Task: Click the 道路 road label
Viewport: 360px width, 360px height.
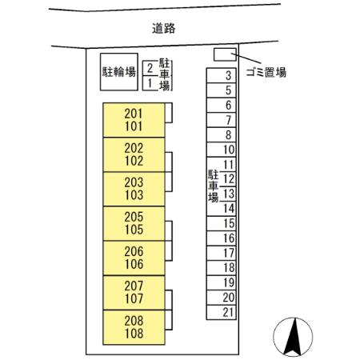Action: tap(163, 28)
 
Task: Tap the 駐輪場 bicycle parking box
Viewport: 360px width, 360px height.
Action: tap(117, 71)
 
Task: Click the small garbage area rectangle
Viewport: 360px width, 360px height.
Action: tap(225, 54)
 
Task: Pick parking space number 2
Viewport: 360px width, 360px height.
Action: tap(149, 68)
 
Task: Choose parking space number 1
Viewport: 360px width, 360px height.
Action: tap(149, 82)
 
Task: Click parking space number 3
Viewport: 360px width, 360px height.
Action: tap(228, 77)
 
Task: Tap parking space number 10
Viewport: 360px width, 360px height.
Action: tap(228, 150)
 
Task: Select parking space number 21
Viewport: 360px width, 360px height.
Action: tap(228, 311)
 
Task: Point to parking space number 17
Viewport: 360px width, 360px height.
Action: tap(228, 253)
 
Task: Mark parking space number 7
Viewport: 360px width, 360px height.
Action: tap(228, 120)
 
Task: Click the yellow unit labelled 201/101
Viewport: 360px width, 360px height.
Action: tap(134, 121)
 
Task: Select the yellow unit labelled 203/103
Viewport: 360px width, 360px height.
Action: tap(134, 189)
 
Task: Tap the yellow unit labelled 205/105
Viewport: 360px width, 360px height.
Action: tap(134, 223)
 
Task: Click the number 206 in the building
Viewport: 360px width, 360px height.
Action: tap(134, 251)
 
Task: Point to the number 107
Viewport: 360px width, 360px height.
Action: tap(134, 299)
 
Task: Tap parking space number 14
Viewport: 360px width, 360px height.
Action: tap(228, 208)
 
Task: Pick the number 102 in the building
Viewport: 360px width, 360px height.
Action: tap(134, 160)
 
